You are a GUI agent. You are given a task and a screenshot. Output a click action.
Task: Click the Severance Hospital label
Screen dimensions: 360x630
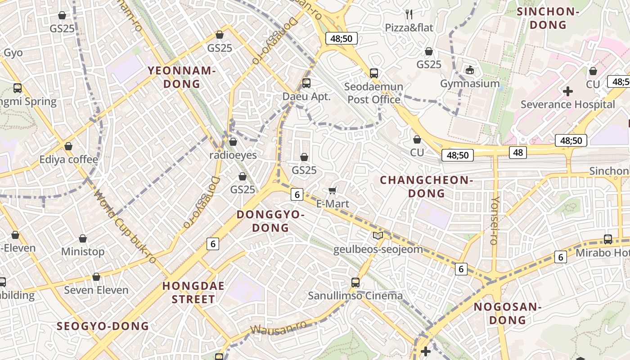tap(567, 104)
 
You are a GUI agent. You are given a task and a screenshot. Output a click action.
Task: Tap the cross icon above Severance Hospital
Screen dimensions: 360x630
tap(568, 91)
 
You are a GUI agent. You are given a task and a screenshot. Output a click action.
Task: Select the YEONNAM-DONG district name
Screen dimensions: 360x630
tap(182, 77)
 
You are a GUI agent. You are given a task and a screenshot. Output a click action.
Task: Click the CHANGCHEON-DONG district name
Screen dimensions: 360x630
tap(426, 187)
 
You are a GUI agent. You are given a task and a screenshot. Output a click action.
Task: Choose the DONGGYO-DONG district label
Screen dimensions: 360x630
tap(270, 221)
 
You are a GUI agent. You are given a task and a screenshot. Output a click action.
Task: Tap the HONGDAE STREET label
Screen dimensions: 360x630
tap(193, 292)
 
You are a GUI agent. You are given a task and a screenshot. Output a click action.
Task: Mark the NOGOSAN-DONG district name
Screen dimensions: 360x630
tap(507, 313)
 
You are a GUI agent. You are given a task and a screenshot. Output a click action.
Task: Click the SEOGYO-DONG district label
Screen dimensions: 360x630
tap(103, 326)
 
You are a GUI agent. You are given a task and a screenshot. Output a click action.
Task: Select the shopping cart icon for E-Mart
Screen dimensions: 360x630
tap(333, 191)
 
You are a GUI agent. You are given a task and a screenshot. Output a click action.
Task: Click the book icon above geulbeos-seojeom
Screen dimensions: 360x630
tap(378, 236)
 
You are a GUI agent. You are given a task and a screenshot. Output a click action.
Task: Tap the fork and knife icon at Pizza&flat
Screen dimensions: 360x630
tap(409, 14)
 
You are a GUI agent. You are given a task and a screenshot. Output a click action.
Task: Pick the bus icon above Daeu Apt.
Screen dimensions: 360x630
tap(306, 83)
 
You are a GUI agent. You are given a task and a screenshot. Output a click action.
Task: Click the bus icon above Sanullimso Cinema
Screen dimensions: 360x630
tap(355, 283)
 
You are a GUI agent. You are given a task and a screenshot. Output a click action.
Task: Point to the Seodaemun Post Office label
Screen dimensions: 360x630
tap(373, 93)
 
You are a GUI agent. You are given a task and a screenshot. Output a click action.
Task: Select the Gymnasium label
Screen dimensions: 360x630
tap(470, 84)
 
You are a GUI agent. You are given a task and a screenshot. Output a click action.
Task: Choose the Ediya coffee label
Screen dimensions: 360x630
tap(68, 159)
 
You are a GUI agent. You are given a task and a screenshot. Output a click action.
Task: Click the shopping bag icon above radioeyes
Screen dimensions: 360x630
tap(233, 142)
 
